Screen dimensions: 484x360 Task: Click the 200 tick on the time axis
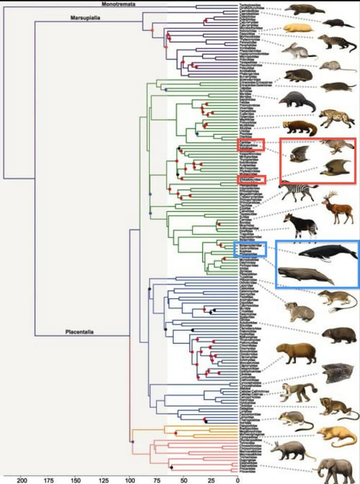pos(22,479)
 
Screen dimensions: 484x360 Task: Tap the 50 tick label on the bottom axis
pos(184,479)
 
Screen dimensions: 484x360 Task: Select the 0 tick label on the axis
pos(237,479)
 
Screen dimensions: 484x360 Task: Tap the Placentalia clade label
pos(80,332)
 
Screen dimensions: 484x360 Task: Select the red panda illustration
pos(299,128)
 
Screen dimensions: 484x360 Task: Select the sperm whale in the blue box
pos(306,275)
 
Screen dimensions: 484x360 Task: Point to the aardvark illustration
pos(290,450)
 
